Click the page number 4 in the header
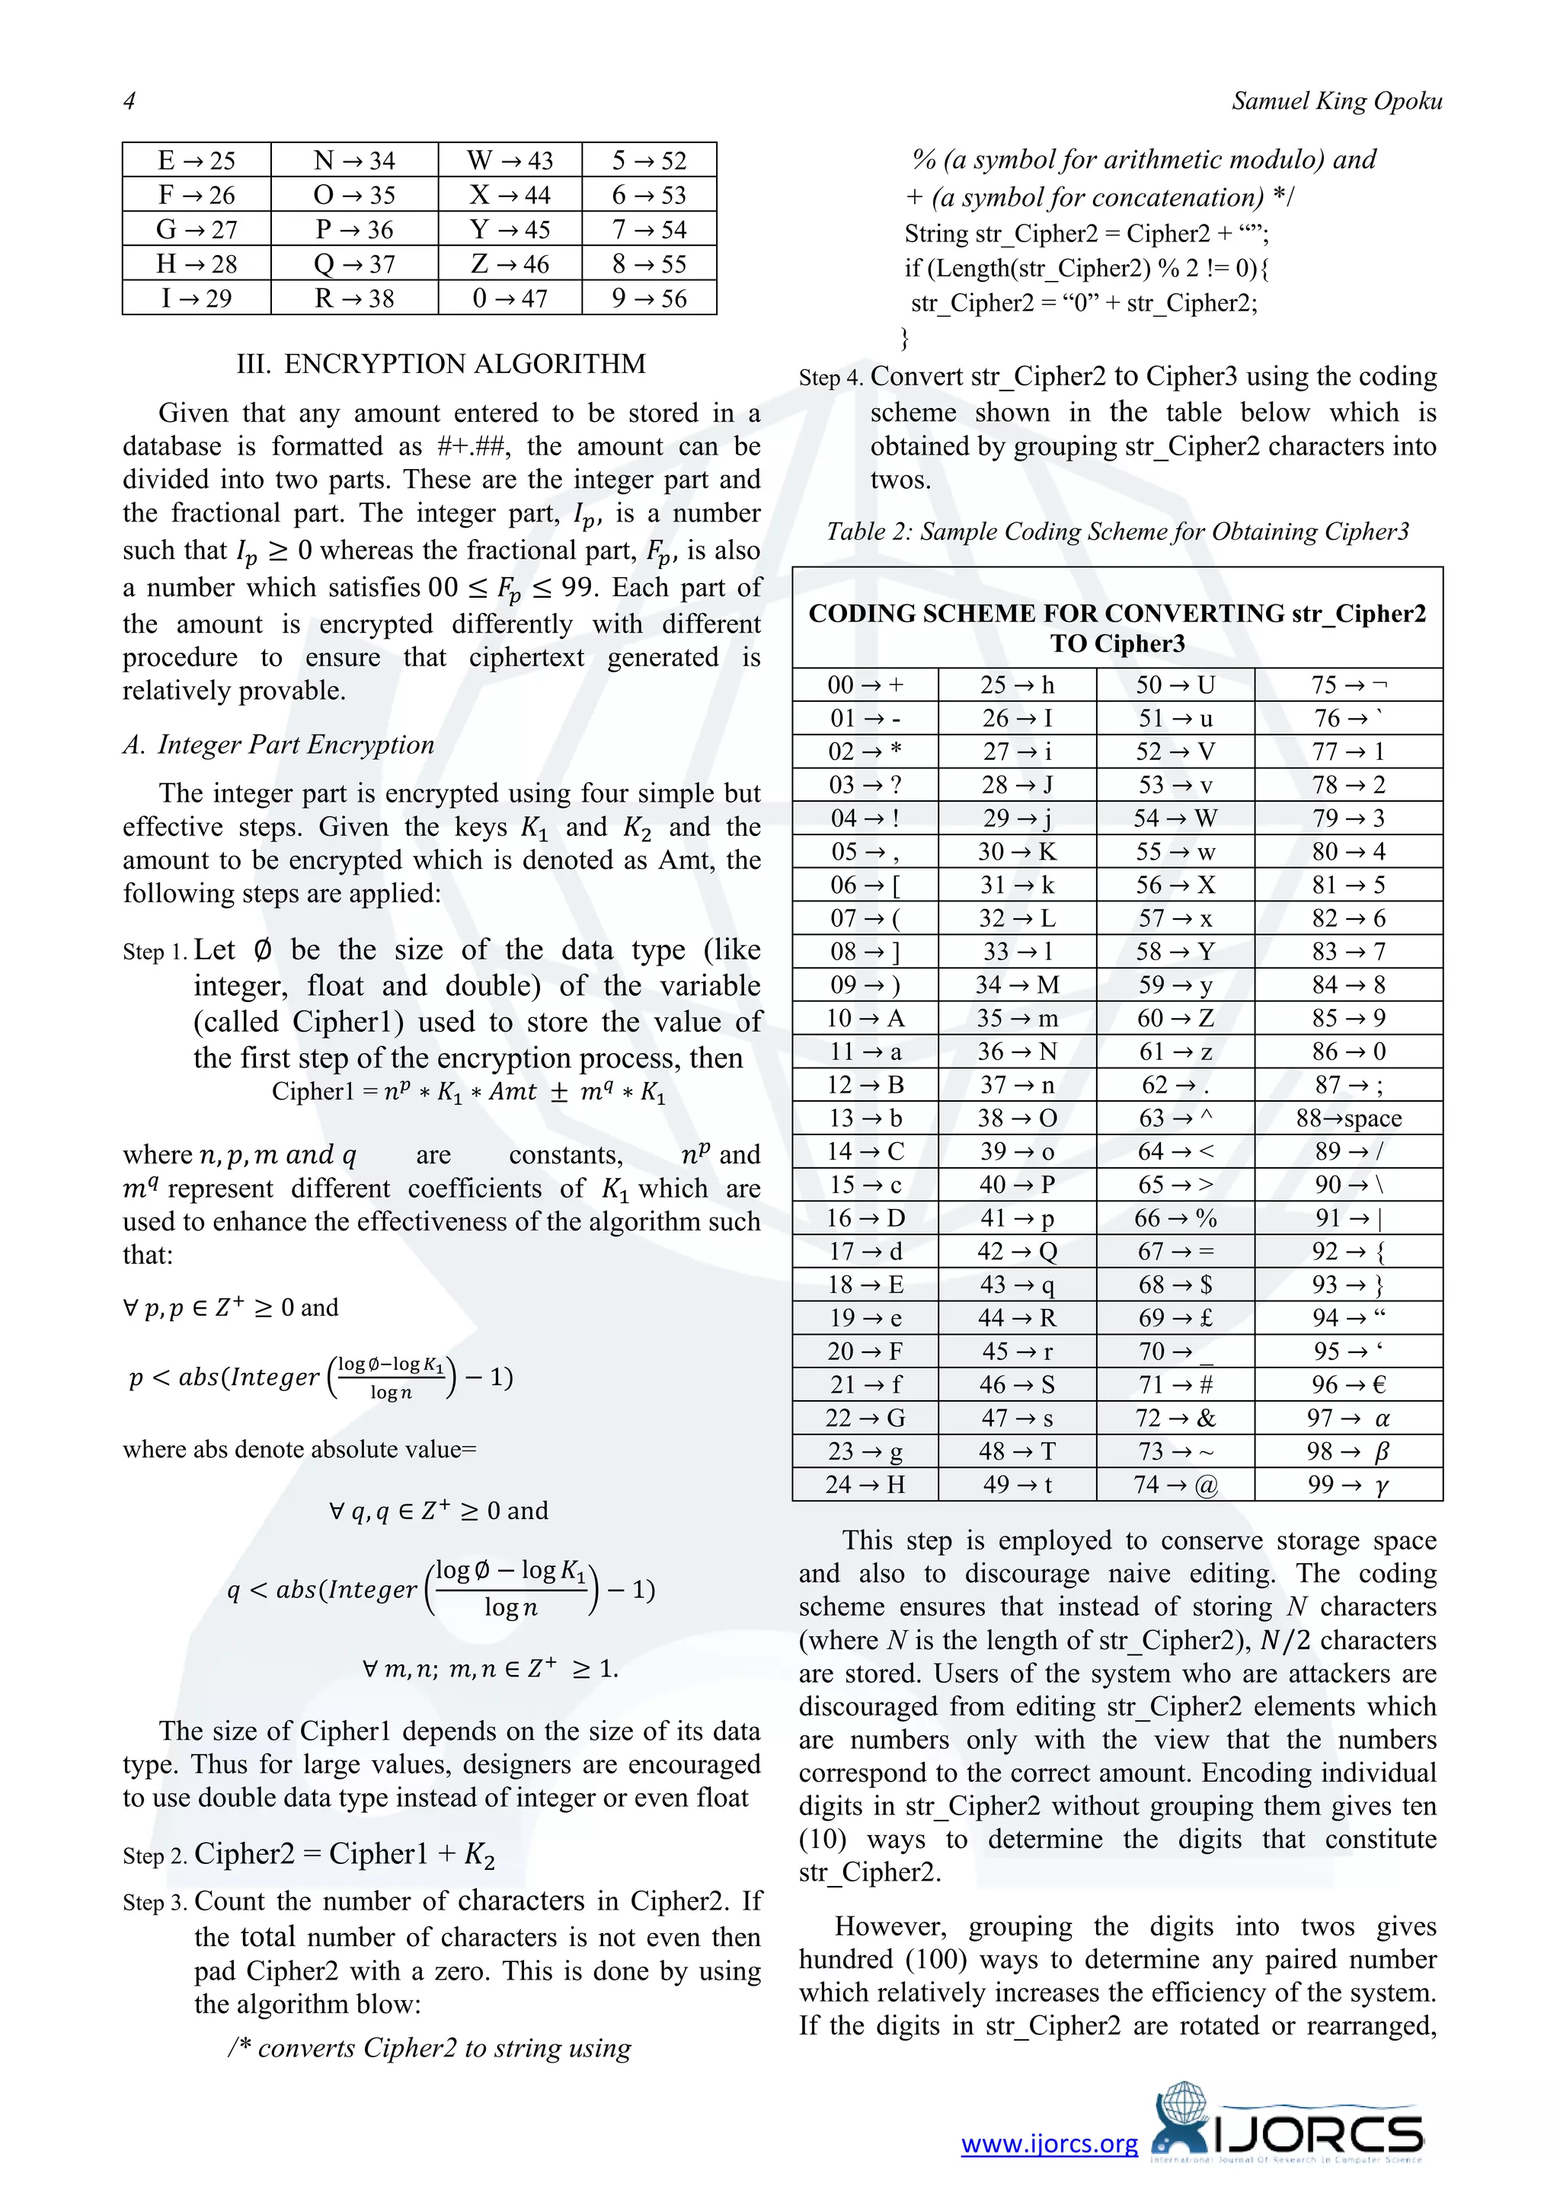point(129,101)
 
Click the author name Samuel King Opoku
point(1336,101)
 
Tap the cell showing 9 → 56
point(649,298)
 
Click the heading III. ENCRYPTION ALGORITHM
point(441,364)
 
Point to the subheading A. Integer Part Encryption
point(279,745)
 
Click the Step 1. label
point(155,952)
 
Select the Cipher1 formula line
point(468,1092)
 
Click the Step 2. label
point(155,1856)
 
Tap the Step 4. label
point(831,378)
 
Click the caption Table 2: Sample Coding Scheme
point(1117,532)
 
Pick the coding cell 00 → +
point(865,684)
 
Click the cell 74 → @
point(1175,1485)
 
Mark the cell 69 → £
point(1175,1318)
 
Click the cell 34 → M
point(1016,985)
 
